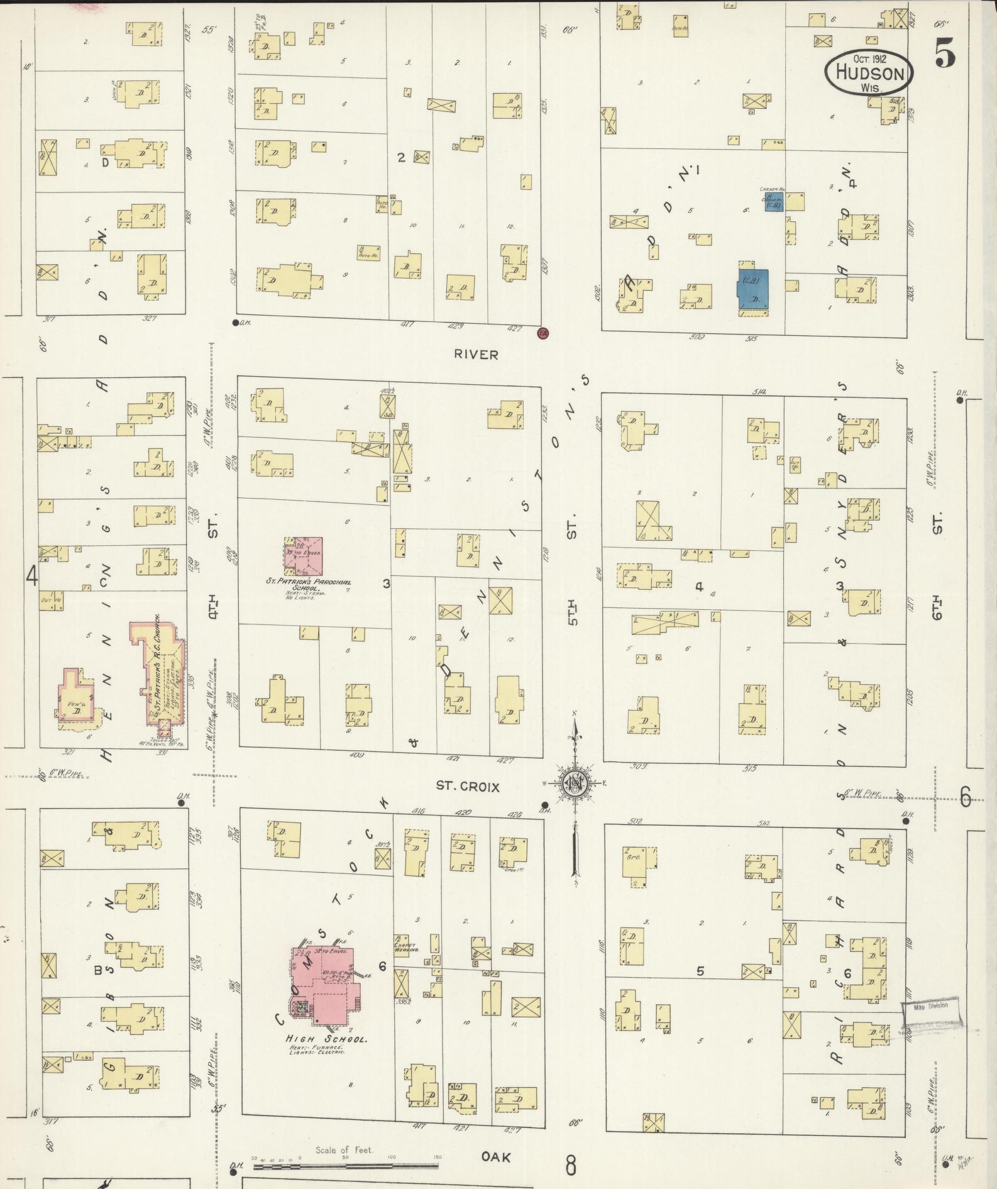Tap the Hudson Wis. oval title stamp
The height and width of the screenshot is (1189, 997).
point(869,73)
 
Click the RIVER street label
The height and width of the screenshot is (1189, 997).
point(476,355)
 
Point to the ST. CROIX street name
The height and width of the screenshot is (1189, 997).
point(468,786)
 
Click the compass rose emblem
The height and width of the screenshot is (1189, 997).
point(574,783)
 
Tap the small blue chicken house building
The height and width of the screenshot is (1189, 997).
point(774,202)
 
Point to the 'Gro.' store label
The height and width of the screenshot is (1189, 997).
point(632,856)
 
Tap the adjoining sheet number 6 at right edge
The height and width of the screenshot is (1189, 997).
point(966,797)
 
